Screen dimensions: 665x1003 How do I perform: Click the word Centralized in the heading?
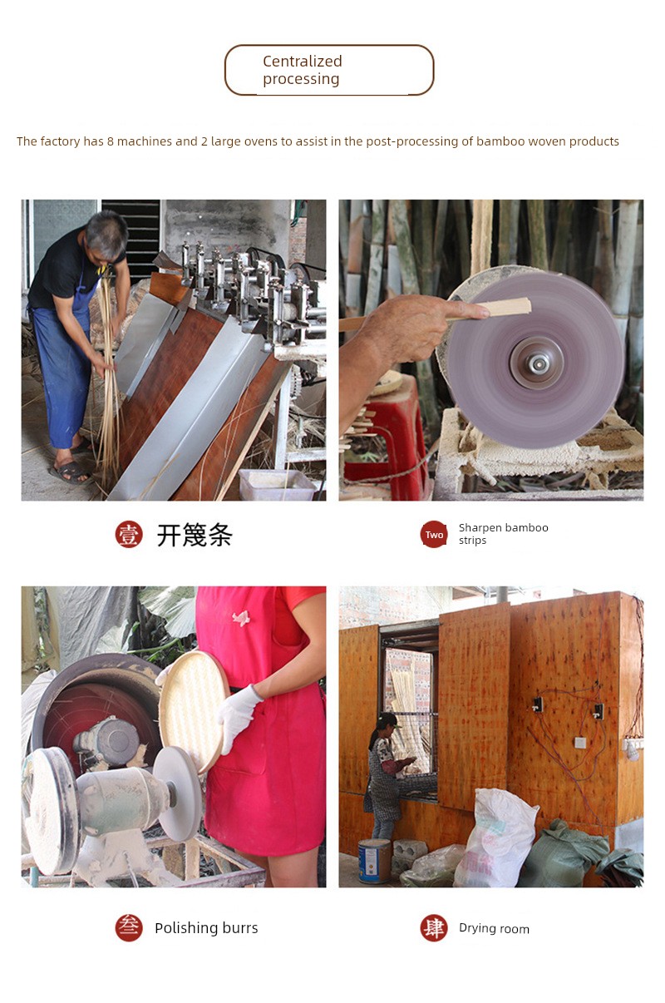coord(302,61)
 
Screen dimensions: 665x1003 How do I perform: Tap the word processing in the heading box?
coord(301,79)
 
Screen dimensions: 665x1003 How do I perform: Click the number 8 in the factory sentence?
coord(110,141)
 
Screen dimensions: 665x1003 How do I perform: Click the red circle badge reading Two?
coord(434,534)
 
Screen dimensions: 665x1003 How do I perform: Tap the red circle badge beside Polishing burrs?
coord(129,927)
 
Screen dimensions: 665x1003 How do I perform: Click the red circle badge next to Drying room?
coord(434,927)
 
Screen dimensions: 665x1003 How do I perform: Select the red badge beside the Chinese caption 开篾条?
coord(129,534)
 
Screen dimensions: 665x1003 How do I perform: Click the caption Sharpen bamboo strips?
coord(503,534)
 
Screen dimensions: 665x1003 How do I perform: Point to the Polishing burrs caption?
coord(206,928)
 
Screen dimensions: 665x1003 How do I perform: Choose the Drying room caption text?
coord(494,929)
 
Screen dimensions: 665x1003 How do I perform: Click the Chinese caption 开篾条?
coord(195,535)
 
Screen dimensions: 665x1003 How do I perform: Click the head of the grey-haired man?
coord(106,237)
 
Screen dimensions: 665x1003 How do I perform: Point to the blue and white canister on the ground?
coord(375,861)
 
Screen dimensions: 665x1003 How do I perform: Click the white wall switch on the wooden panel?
coord(580,743)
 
